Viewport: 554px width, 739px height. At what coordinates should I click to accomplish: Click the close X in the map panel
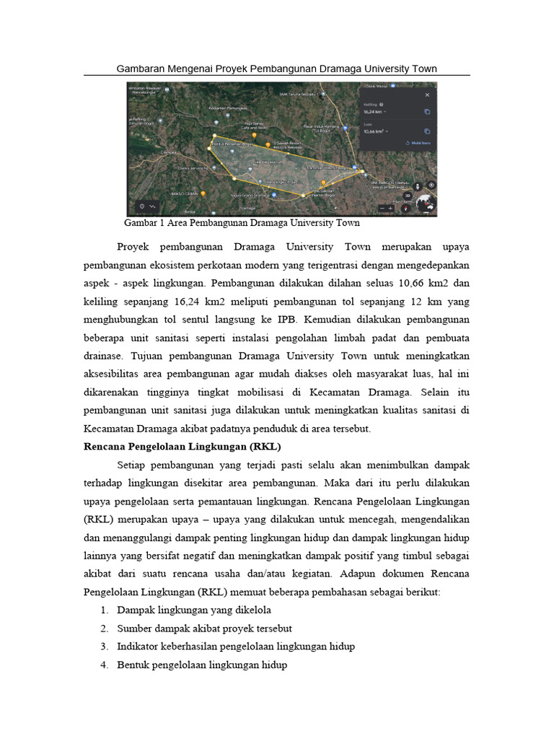tap(426, 95)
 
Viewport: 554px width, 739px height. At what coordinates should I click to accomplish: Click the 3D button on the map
tap(408, 195)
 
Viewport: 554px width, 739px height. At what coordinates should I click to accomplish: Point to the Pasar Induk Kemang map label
tap(321, 129)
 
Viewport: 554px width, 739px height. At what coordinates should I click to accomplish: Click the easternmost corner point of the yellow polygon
tap(363, 171)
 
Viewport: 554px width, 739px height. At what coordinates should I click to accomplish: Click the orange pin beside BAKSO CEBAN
tap(203, 193)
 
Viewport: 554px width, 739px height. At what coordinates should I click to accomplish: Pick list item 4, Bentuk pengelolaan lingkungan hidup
tap(202, 665)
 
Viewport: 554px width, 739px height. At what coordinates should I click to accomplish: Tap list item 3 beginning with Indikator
tap(235, 647)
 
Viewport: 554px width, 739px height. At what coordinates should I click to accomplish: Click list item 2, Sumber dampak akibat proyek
tap(204, 628)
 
